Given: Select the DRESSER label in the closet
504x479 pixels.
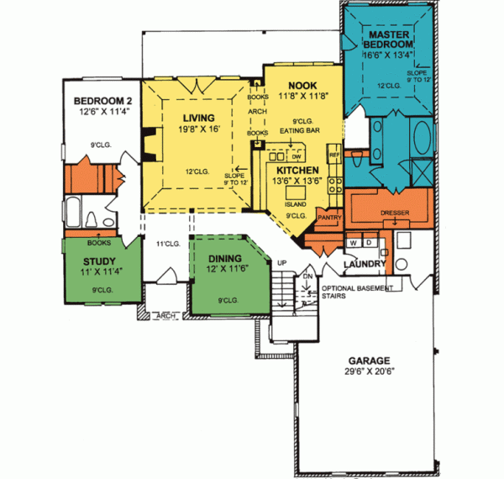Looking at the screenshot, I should point(394,213).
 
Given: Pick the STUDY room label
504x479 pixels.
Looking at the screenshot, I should point(95,262).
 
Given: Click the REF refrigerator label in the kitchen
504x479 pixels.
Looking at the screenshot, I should point(333,155).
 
